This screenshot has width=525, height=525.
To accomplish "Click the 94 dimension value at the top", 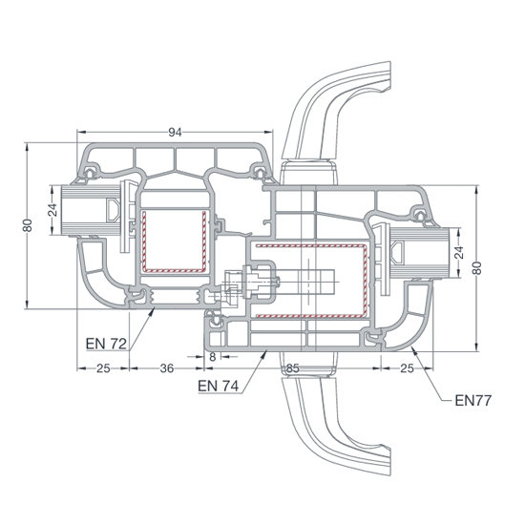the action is (175, 133).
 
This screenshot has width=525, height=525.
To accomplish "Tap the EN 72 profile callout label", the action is (106, 344).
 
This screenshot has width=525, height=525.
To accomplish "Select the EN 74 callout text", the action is (218, 386).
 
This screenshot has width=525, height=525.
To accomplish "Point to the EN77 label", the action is (473, 401).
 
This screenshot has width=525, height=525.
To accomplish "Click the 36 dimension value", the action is (167, 368).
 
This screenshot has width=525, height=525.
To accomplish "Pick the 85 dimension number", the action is (292, 368).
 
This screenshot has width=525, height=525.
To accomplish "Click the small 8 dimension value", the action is (213, 357).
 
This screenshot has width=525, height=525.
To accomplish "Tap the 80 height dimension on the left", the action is (28, 225).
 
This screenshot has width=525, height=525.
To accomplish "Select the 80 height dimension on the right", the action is (477, 268).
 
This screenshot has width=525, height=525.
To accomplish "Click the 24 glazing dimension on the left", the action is (52, 210).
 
